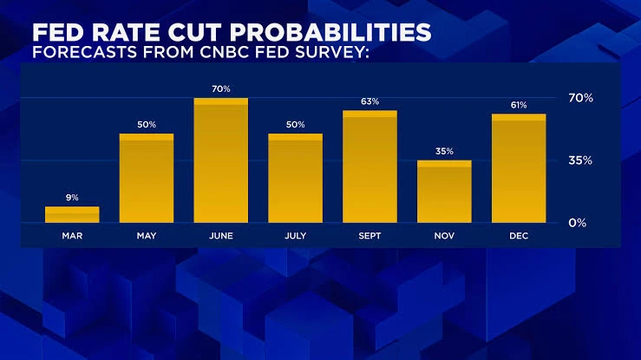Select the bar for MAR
click(x=72, y=214)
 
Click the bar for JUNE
click(x=221, y=160)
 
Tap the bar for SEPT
click(x=370, y=167)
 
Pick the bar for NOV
click(x=444, y=192)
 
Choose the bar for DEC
click(x=519, y=168)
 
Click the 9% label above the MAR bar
click(x=72, y=198)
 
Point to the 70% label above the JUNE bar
click(x=221, y=89)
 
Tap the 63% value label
click(x=370, y=101)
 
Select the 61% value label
click(x=519, y=105)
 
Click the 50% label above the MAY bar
click(x=147, y=125)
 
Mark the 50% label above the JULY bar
click(x=295, y=125)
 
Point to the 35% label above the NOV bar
click(x=444, y=151)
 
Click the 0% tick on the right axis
click(x=577, y=223)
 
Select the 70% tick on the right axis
click(x=580, y=98)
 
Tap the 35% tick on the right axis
click(x=580, y=160)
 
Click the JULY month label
click(x=295, y=236)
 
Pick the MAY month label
click(x=147, y=236)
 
